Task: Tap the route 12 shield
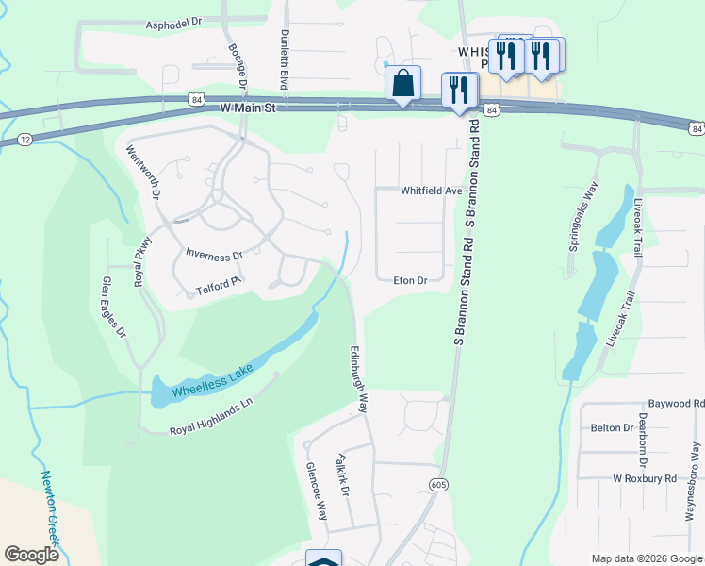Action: click(x=24, y=140)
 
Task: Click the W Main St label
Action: click(x=247, y=109)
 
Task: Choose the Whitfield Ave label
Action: click(x=431, y=191)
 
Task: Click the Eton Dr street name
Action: click(x=410, y=280)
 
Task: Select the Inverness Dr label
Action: click(x=214, y=255)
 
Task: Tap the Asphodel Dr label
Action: click(x=174, y=21)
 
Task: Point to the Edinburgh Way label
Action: click(x=359, y=375)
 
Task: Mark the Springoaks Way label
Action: click(x=583, y=215)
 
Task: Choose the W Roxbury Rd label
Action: click(x=645, y=478)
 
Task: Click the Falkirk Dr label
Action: click(x=342, y=477)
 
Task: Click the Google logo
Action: click(x=31, y=555)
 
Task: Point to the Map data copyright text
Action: click(x=647, y=558)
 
